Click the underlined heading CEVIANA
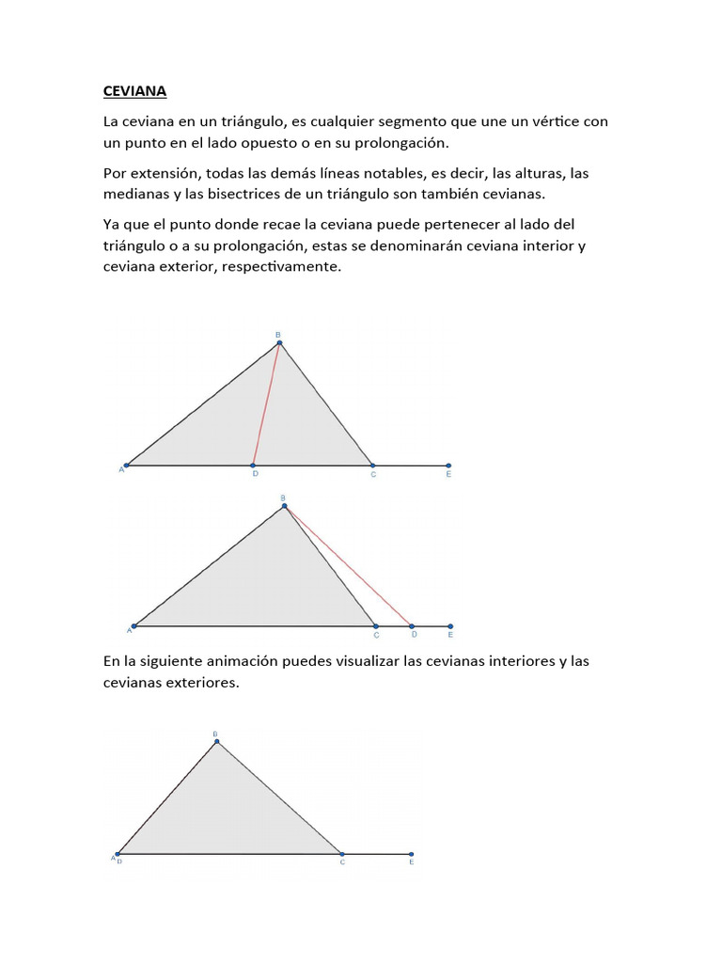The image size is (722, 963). coord(134,92)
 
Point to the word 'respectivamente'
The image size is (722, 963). coord(281,266)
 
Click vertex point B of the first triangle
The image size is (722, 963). coord(279,343)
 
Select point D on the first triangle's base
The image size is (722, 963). coord(253,465)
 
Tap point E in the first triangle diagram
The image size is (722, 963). coord(448,465)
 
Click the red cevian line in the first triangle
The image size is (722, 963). coord(266,404)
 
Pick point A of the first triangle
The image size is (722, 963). coord(126,465)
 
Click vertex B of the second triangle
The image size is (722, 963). coord(284,507)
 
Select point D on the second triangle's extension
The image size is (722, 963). coord(411,625)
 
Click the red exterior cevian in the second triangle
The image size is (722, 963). coord(348,566)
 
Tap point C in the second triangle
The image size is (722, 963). coord(376,625)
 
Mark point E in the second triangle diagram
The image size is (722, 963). coord(450,625)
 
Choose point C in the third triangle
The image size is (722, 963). coord(341,854)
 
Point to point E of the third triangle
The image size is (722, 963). coord(412,854)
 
